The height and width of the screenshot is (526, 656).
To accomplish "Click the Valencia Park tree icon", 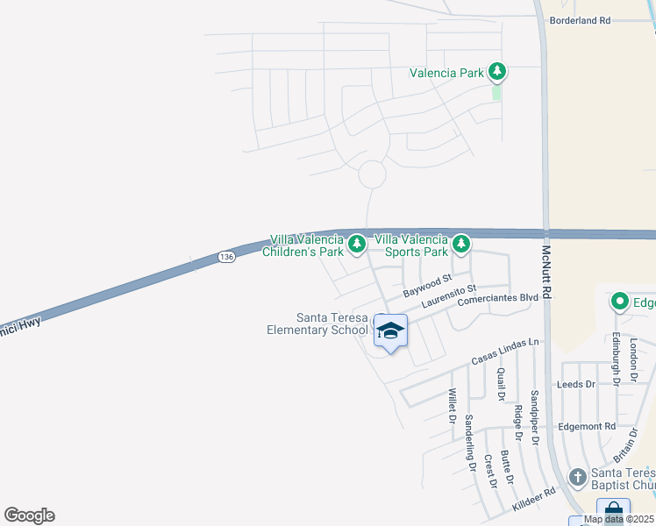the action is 497,71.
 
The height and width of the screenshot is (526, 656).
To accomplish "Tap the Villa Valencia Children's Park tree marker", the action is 356,244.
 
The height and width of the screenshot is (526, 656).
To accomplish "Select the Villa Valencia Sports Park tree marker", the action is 461,244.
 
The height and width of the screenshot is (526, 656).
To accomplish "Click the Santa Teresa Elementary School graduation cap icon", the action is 391,331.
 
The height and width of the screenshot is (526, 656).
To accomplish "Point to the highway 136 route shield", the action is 226,256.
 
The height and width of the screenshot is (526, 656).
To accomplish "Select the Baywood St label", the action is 425,285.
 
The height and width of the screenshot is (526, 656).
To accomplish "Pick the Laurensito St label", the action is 447,295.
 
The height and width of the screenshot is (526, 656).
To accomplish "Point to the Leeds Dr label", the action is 576,385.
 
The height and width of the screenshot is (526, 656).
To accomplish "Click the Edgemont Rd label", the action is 587,426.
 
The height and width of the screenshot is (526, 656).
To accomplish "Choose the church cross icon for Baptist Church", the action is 577,477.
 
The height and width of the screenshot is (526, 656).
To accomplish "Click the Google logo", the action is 29,515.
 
